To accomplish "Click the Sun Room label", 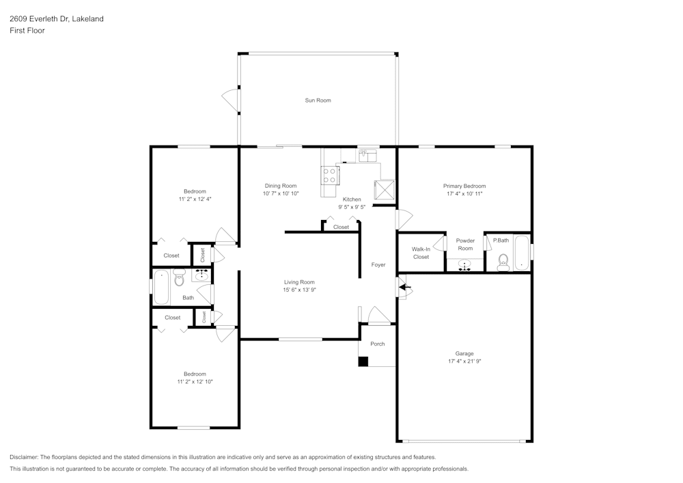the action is pyautogui.click(x=318, y=100).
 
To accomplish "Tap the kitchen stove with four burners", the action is pyautogui.click(x=329, y=176).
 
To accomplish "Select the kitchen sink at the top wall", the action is pyautogui.click(x=368, y=156).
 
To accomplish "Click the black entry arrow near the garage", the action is pyautogui.click(x=405, y=287).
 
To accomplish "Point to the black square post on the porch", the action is pyautogui.click(x=363, y=361).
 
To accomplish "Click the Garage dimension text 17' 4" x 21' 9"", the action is pyautogui.click(x=464, y=361).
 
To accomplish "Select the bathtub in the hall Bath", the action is pyautogui.click(x=161, y=288).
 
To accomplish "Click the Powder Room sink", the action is pyautogui.click(x=464, y=265).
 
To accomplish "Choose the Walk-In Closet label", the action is pyautogui.click(x=421, y=253).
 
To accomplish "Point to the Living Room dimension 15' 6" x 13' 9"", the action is pyautogui.click(x=299, y=290).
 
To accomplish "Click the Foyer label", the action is pyautogui.click(x=378, y=265).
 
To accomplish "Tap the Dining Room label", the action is pyautogui.click(x=281, y=186).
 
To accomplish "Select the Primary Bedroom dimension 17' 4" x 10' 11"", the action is pyautogui.click(x=464, y=194).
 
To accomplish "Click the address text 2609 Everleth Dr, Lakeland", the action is pyautogui.click(x=57, y=18).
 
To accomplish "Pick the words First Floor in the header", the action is pyautogui.click(x=27, y=31).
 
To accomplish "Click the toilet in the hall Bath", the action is pyautogui.click(x=179, y=277).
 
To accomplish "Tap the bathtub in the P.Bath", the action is pyautogui.click(x=521, y=253).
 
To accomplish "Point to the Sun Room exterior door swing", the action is pyautogui.click(x=231, y=100).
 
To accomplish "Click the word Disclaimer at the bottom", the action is pyautogui.click(x=23, y=457).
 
